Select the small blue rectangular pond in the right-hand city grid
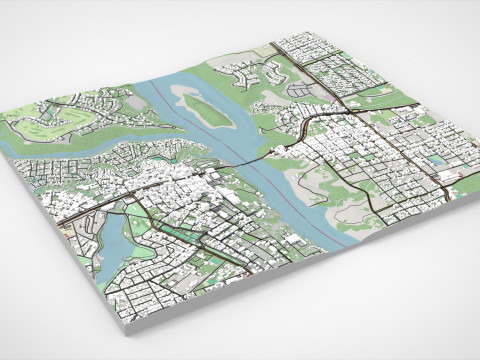pos(437,160)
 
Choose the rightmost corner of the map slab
pos(471,196)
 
